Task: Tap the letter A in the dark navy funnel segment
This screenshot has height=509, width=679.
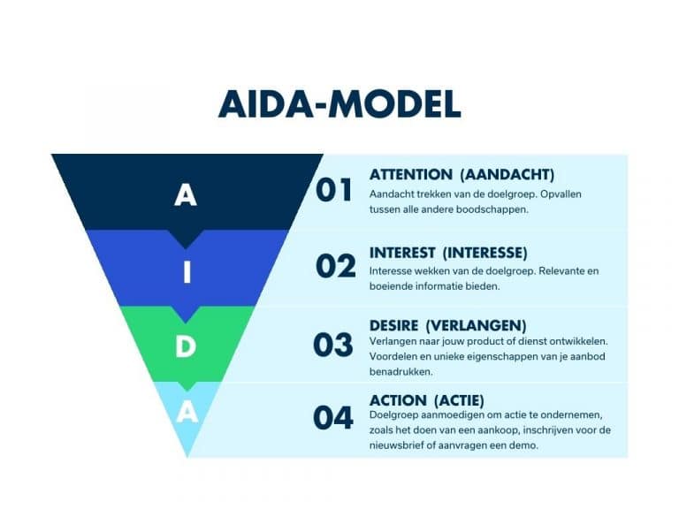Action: click(185, 194)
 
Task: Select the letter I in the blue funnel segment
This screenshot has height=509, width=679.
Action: click(187, 273)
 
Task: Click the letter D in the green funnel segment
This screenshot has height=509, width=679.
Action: click(185, 347)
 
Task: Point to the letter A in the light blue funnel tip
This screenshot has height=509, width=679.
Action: click(186, 412)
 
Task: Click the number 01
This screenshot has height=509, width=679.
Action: click(334, 190)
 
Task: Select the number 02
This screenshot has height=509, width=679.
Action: click(335, 266)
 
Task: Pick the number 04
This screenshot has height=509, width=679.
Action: click(333, 418)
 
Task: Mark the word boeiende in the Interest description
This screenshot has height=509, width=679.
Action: click(390, 286)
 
